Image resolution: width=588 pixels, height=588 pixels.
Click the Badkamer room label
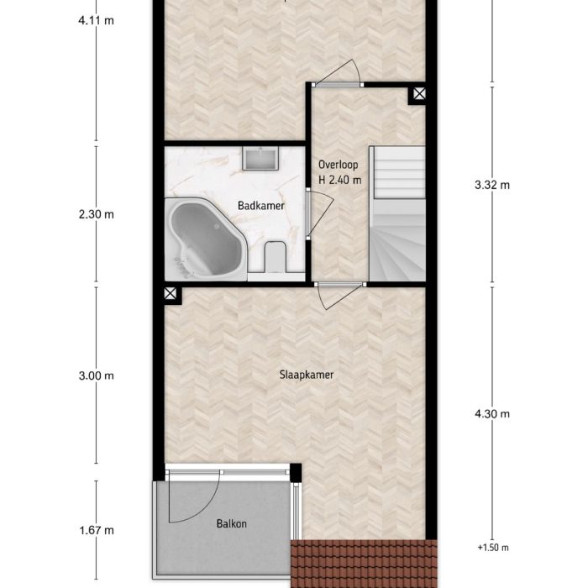click(261, 205)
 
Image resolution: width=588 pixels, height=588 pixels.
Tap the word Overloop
click(339, 165)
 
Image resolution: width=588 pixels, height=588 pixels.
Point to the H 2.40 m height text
click(339, 179)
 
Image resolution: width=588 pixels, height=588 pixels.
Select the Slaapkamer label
click(307, 375)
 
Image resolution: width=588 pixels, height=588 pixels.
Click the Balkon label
click(230, 524)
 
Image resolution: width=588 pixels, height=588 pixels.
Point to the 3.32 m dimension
click(492, 186)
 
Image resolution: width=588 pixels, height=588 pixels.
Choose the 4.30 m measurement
click(492, 414)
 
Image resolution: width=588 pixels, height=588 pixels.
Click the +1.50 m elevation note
click(493, 548)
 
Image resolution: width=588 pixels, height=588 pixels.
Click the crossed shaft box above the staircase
click(417, 96)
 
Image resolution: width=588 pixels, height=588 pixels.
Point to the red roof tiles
click(365, 563)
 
